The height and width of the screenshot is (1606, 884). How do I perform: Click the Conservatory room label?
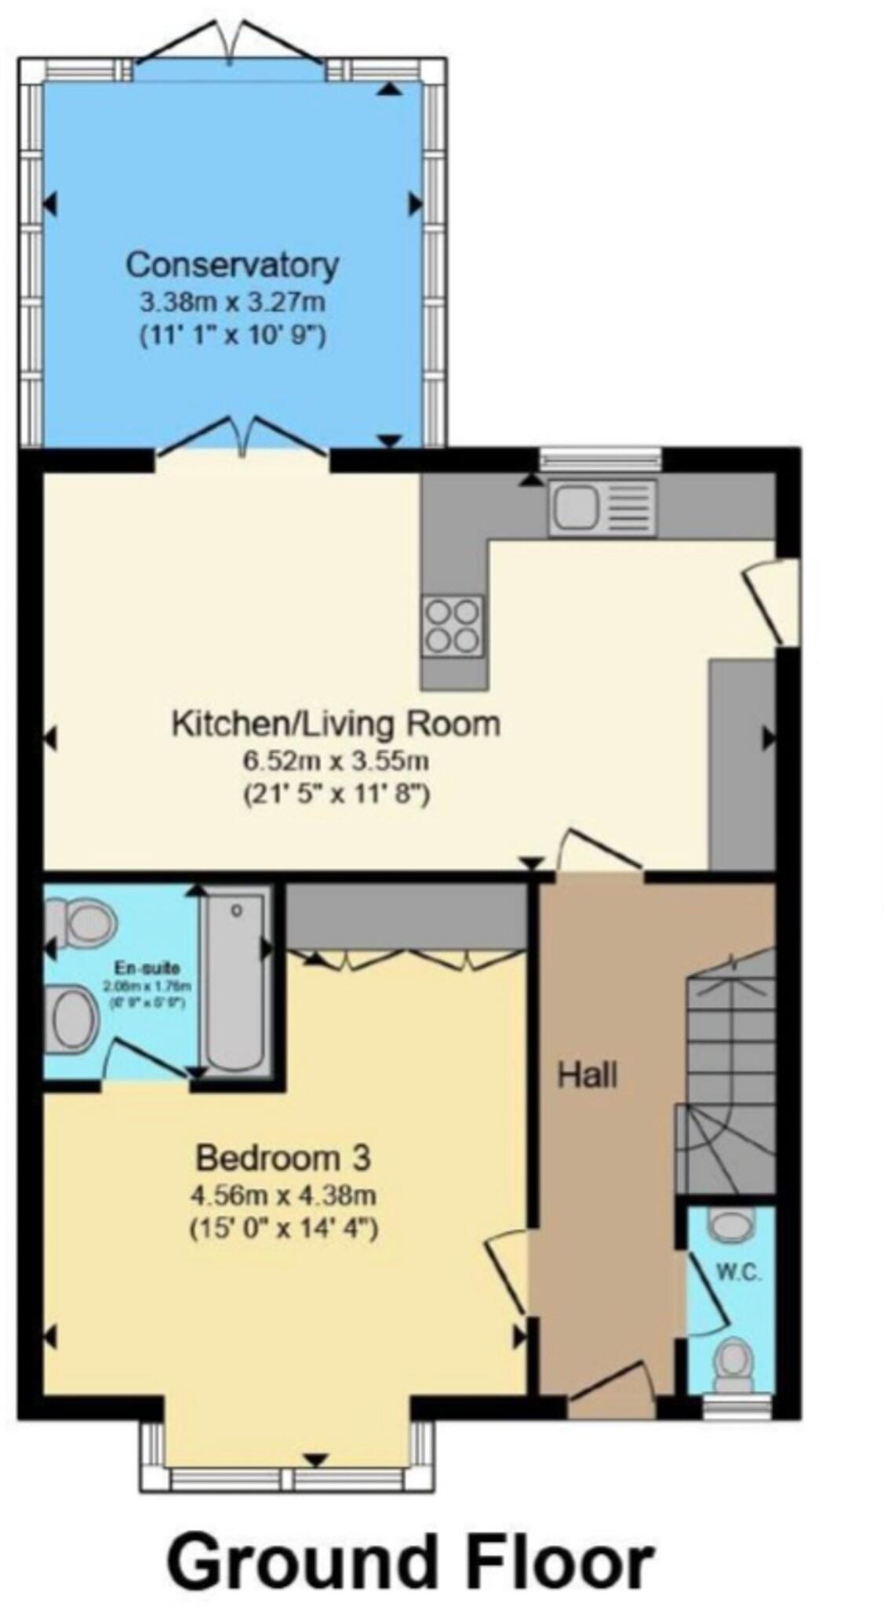point(232,265)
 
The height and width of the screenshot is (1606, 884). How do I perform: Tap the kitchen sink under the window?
point(602,507)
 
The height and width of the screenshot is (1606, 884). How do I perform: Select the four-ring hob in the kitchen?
point(452,625)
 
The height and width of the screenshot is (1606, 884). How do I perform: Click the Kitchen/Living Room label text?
point(336,723)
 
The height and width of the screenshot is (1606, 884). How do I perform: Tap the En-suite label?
point(147,967)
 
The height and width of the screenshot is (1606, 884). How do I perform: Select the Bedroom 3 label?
point(283,1157)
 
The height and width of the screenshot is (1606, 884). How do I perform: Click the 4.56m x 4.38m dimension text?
point(283,1195)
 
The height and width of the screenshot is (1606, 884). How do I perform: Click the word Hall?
point(587,1075)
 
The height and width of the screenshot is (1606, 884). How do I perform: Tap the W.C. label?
point(738,1273)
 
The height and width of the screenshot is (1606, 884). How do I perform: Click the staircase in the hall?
point(726,1074)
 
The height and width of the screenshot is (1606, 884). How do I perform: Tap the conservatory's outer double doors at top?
point(231,45)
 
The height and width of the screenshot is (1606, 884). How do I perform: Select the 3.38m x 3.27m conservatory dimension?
point(232,301)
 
